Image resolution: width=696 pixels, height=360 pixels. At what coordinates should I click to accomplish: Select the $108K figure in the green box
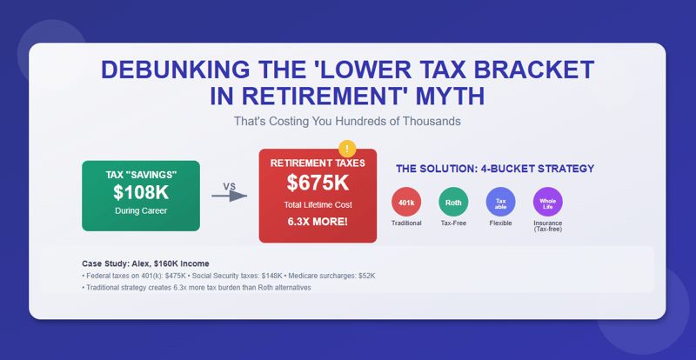tap(141, 193)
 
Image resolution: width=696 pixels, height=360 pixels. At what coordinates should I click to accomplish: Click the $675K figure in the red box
tap(318, 183)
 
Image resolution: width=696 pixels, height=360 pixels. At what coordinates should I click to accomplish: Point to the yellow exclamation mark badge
tap(346, 149)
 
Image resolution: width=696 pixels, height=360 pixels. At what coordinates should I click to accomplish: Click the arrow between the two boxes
tap(230, 196)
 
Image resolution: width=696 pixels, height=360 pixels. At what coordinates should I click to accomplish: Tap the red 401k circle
tap(406, 202)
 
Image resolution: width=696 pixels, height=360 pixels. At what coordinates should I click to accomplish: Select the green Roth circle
tap(453, 202)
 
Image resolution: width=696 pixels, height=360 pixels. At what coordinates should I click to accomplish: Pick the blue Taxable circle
tap(500, 202)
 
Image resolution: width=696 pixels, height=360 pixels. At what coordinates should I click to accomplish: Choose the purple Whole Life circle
tap(547, 202)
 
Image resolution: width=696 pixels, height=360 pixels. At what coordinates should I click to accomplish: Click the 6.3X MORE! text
tap(318, 222)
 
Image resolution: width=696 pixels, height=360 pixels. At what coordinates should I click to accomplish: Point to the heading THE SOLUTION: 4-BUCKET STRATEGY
tap(495, 169)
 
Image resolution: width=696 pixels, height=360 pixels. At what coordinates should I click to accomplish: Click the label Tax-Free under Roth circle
tap(453, 223)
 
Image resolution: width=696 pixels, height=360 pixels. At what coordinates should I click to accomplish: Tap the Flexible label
tap(500, 223)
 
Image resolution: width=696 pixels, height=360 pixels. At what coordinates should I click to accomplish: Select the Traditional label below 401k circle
tap(406, 223)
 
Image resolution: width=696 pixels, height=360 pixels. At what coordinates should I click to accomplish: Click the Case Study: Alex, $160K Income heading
tap(145, 263)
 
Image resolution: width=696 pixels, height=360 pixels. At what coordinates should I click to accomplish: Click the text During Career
tap(141, 211)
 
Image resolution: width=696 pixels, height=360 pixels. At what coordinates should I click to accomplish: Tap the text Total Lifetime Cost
tap(318, 204)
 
